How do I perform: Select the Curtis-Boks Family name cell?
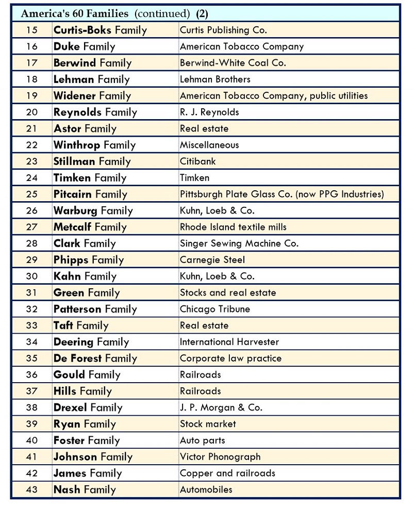pos(100,30)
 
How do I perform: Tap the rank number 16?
pos(31,46)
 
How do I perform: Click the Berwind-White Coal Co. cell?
pos(233,63)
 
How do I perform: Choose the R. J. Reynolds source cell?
pos(209,112)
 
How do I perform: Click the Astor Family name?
pos(85,128)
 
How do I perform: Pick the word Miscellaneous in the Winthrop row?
pos(209,145)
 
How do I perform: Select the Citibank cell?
pos(197,161)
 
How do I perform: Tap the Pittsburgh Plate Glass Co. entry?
pos(281,194)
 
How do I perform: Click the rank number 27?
pos(31,227)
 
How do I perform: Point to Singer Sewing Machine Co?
pos(239,243)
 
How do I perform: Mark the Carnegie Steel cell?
pos(212,260)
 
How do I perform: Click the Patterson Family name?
pos(95,309)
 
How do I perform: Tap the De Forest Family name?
pos(95,358)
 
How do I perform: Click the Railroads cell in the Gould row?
pos(200,375)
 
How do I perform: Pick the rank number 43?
pos(31,489)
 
